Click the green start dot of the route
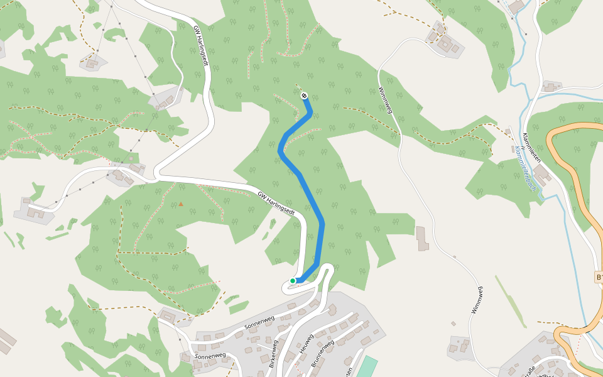point(293,281)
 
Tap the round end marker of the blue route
point(304,96)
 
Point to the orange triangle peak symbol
point(181,204)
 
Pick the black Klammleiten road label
point(531,148)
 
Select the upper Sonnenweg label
point(260,316)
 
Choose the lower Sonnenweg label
point(210,356)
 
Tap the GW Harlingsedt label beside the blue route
point(276,203)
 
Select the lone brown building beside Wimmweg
point(422,238)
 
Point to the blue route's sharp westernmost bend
point(280,150)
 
